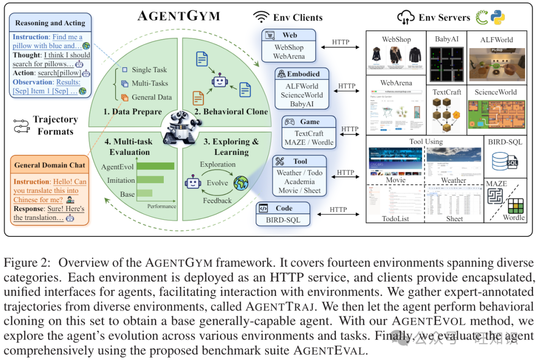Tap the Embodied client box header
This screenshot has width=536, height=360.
(x=303, y=74)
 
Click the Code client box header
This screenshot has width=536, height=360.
(x=283, y=208)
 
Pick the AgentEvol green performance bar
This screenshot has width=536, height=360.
(x=155, y=166)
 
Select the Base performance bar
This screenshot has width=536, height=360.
(x=144, y=193)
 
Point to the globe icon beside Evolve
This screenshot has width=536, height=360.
(x=241, y=182)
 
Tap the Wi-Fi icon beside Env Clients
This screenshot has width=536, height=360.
(x=261, y=17)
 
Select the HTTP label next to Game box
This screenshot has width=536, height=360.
(x=350, y=129)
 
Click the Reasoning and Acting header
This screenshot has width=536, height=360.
(x=50, y=23)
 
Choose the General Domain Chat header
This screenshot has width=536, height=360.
(x=50, y=165)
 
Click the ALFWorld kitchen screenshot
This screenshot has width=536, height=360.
(x=496, y=64)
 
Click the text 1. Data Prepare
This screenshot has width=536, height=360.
(x=133, y=112)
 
